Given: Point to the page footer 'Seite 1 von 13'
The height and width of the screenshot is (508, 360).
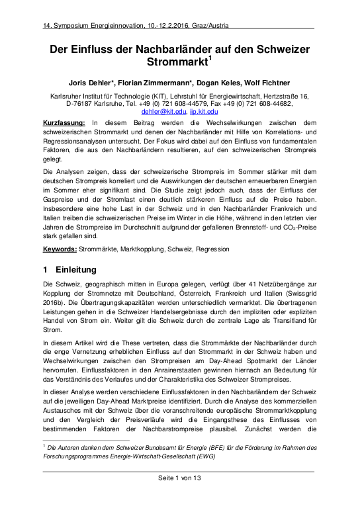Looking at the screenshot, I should (179, 496).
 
